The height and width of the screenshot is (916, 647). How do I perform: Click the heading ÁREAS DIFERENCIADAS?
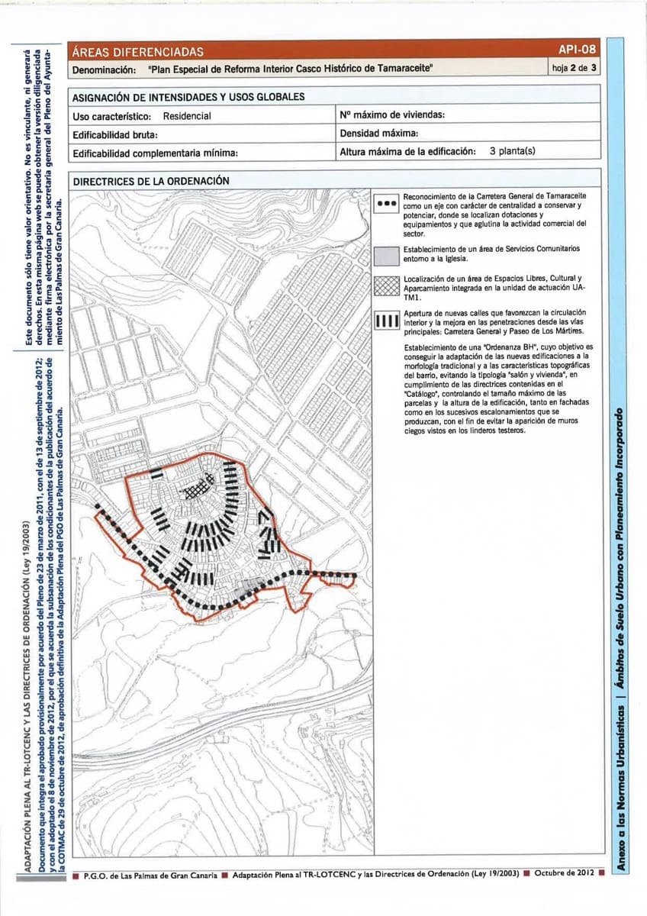pyautogui.click(x=137, y=52)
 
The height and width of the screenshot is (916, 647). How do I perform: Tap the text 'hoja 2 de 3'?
pyautogui.click(x=574, y=68)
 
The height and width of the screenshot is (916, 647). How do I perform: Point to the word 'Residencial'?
pyautogui.click(x=187, y=116)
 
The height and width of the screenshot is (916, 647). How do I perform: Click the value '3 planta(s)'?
pyautogui.click(x=512, y=150)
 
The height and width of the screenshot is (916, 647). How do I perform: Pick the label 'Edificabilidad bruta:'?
pyautogui.click(x=114, y=134)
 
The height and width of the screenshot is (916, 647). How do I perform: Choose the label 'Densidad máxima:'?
pyautogui.click(x=378, y=134)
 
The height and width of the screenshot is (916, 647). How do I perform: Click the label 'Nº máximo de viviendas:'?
pyautogui.click(x=392, y=115)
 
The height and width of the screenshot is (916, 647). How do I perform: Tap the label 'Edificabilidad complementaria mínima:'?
pyautogui.click(x=156, y=153)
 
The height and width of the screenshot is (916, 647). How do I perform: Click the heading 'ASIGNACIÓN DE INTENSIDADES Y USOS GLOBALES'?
pyautogui.click(x=188, y=97)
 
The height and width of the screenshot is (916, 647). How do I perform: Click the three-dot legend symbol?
pyautogui.click(x=387, y=205)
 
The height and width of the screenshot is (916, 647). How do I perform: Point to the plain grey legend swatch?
pyautogui.click(x=387, y=255)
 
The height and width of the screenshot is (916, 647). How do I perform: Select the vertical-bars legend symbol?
pyautogui.click(x=387, y=319)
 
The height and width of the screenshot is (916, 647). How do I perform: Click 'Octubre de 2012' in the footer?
pyautogui.click(x=565, y=872)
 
